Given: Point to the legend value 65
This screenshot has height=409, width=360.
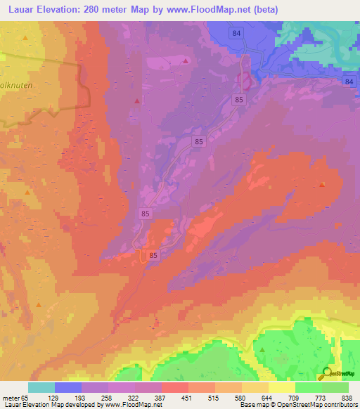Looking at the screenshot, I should pyautogui.click(x=25, y=397).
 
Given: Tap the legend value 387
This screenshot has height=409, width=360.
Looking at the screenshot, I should pyautogui.click(x=160, y=397).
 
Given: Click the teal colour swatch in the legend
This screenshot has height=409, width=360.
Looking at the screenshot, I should pyautogui.click(x=41, y=387).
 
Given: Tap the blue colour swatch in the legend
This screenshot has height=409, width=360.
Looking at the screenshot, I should pyautogui.click(x=68, y=387).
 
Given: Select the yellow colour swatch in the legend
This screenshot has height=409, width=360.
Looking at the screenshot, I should pyautogui.click(x=282, y=387).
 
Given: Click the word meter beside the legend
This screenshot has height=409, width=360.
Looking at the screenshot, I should pyautogui.click(x=10, y=397).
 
